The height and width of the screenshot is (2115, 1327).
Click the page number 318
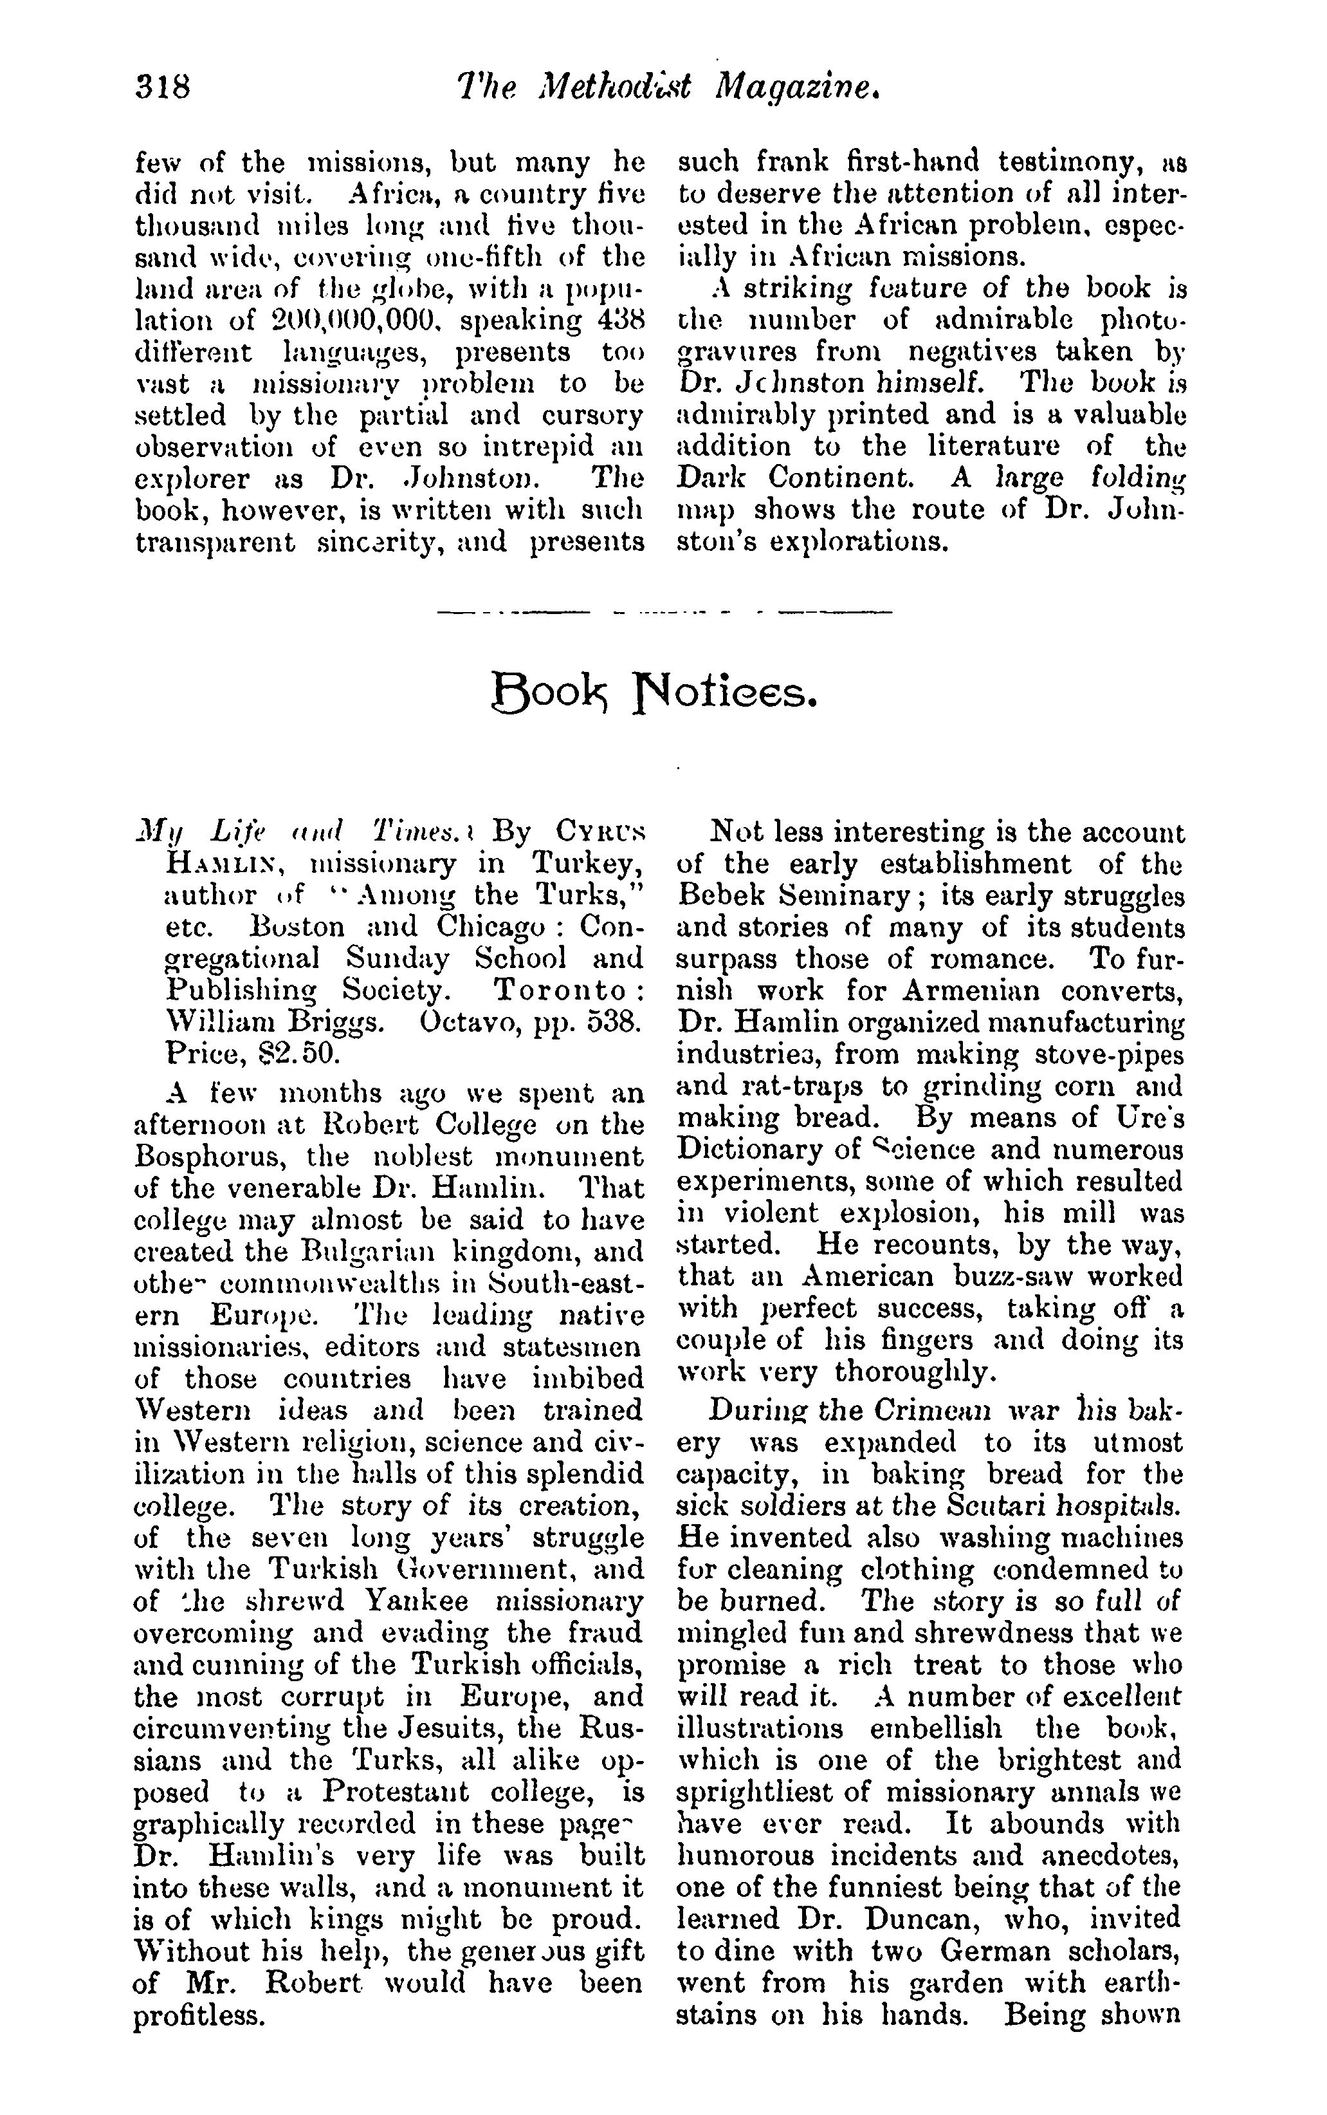click(x=163, y=88)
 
